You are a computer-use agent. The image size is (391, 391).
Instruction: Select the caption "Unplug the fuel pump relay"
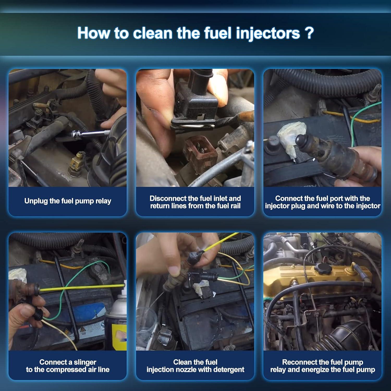68,201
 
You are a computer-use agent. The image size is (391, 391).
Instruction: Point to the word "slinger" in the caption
85,362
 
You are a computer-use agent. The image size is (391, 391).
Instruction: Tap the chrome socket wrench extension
90,134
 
